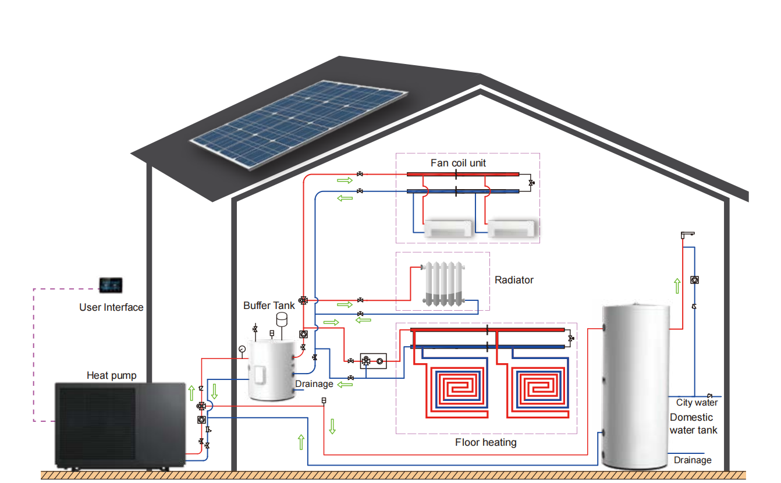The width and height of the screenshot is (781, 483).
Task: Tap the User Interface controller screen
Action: pyautogui.click(x=111, y=285)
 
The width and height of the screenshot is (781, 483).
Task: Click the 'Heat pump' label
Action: pyautogui.click(x=112, y=375)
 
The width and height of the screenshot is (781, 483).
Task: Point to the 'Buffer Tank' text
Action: pyautogui.click(x=269, y=306)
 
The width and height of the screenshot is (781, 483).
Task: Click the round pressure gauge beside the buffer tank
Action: pyautogui.click(x=242, y=349)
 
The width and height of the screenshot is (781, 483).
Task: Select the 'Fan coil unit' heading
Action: pyautogui.click(x=458, y=163)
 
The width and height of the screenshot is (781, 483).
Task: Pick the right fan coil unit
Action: pyautogui.click(x=512, y=228)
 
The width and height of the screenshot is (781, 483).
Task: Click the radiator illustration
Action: pyautogui.click(x=444, y=284)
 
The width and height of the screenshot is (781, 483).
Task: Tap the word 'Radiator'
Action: pyautogui.click(x=514, y=280)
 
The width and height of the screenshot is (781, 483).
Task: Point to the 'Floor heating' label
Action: pyautogui.click(x=485, y=442)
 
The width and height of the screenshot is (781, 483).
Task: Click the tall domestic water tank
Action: pyautogui.click(x=634, y=384)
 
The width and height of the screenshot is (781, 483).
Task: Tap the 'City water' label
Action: pyautogui.click(x=697, y=403)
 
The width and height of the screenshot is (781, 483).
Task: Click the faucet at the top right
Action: pyautogui.click(x=687, y=235)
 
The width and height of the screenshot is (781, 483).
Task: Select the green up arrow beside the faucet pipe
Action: pyautogui.click(x=677, y=286)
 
